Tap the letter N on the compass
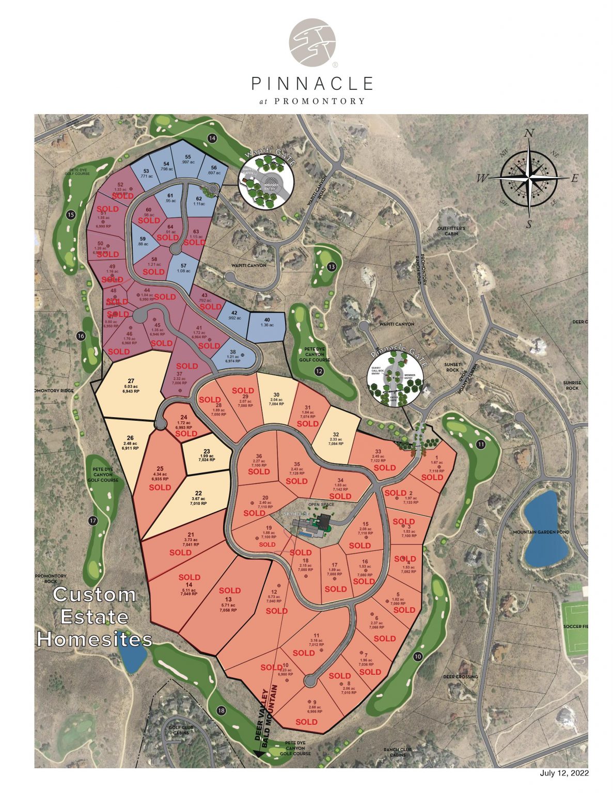click(529, 134)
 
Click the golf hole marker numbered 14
click(212, 138)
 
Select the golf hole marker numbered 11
click(481, 445)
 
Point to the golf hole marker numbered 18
click(222, 711)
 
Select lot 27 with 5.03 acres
click(131, 386)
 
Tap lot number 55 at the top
click(188, 159)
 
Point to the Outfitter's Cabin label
click(451, 231)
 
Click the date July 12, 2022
click(564, 773)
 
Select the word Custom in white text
click(95, 595)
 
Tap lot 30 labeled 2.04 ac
click(276, 398)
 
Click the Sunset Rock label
click(452, 367)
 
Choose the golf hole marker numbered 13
click(332, 267)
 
